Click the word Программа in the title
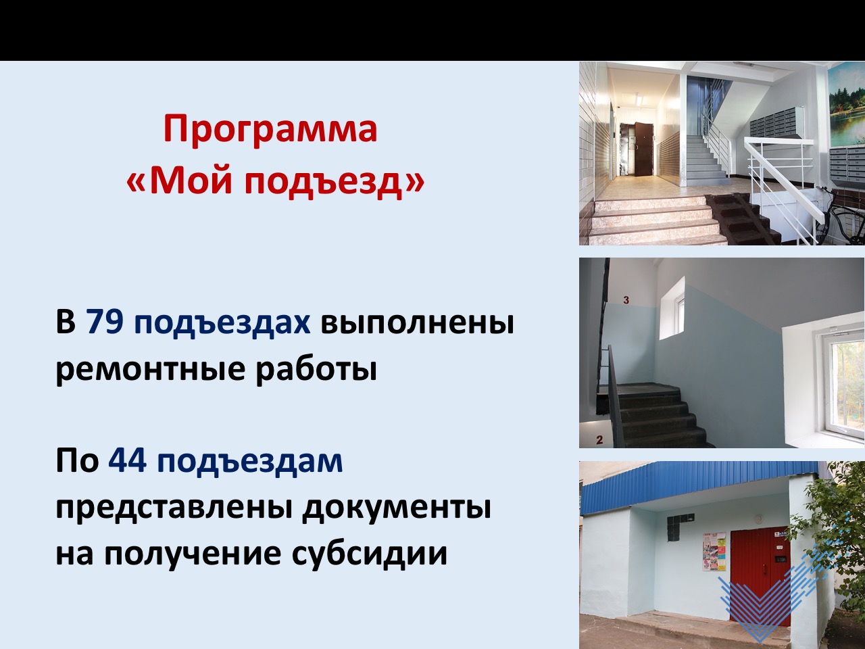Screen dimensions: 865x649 (270, 129)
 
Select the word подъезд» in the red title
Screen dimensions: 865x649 (335, 181)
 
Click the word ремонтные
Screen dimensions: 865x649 (150, 370)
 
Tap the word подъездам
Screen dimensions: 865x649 (249, 462)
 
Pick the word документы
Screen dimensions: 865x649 (397, 508)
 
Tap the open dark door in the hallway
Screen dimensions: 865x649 (643, 149)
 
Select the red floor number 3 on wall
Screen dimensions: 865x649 (626, 300)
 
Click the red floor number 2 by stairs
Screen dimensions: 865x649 (599, 439)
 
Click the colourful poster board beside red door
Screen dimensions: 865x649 (714, 552)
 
